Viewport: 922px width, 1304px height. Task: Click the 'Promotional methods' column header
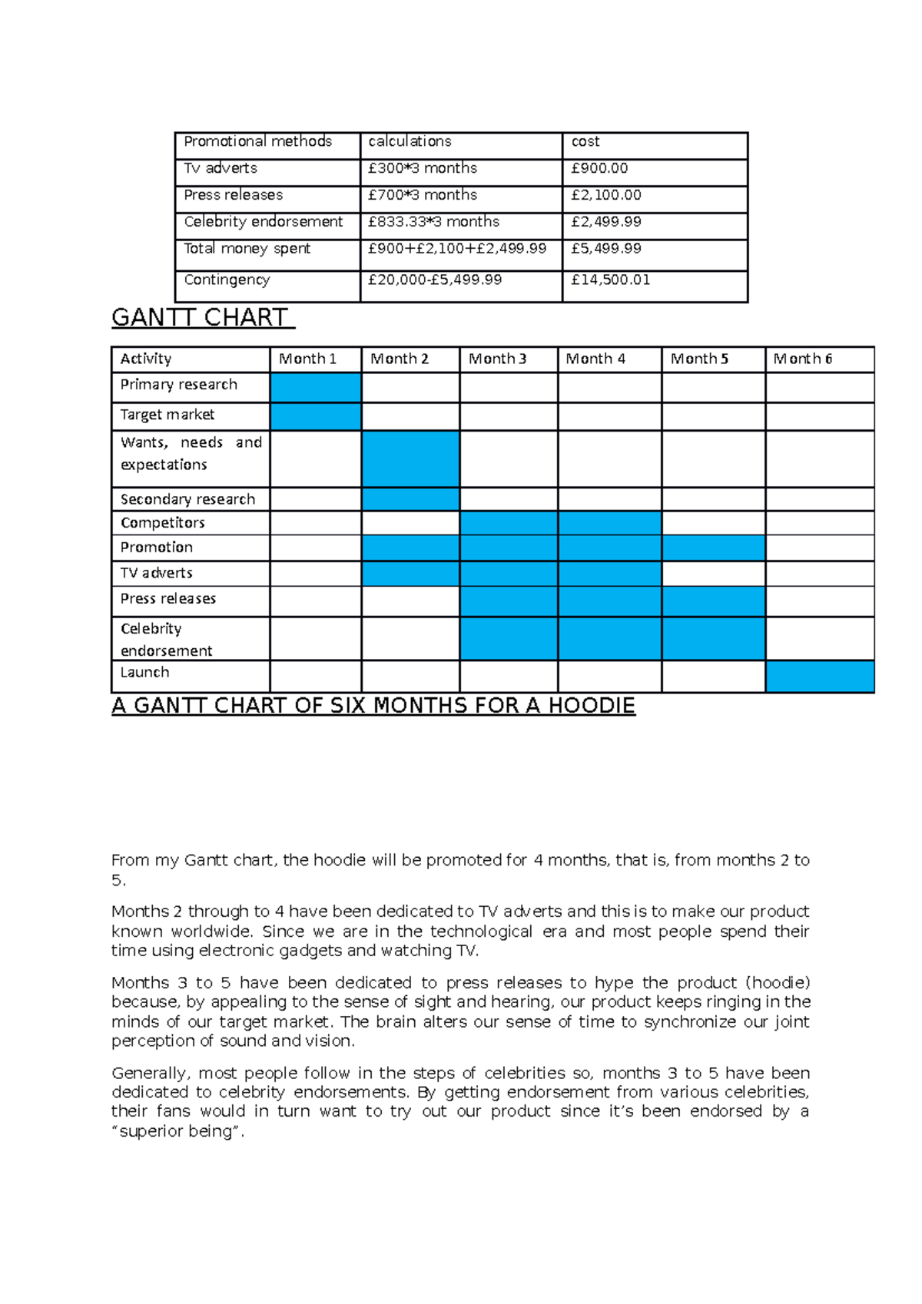[257, 141]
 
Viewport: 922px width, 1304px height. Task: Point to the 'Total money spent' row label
[247, 249]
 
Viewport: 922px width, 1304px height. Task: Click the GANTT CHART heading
[201, 317]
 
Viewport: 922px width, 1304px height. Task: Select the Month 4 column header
[595, 359]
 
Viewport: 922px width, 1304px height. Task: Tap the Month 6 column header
[802, 359]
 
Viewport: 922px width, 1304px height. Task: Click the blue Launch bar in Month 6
[820, 677]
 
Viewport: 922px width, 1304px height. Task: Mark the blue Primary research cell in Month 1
[315, 388]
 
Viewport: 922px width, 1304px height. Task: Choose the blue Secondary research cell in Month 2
[410, 499]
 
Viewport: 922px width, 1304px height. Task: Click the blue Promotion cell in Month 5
[713, 548]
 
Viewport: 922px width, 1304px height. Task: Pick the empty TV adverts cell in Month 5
[713, 574]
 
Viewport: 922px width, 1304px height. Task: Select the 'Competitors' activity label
[162, 523]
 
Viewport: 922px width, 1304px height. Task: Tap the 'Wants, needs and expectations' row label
[191, 454]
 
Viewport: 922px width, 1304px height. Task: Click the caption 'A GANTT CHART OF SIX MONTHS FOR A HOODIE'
[373, 706]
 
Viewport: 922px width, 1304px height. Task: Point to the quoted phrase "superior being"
[178, 1131]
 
